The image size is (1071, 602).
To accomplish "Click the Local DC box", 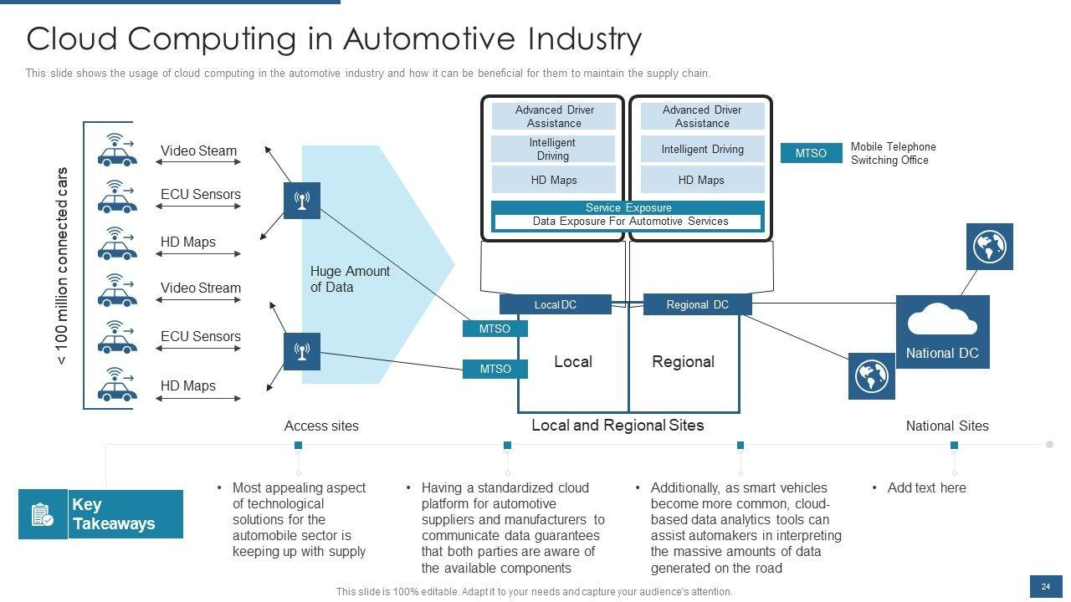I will (556, 305).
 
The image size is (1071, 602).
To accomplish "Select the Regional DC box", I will (697, 305).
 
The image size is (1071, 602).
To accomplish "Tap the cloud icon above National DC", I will (942, 320).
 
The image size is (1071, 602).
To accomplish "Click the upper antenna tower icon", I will (302, 201).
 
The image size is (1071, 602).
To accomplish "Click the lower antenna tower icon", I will (302, 351).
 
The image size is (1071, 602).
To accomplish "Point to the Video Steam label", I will (198, 151).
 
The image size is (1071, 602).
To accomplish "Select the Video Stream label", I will (201, 288).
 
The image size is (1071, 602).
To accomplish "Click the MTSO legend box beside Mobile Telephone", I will (811, 153).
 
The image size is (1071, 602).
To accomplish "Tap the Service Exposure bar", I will (628, 207).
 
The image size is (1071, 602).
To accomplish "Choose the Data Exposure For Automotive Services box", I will (628, 222).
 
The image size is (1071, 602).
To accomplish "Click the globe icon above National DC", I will (990, 247).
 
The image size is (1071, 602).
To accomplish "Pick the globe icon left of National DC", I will (871, 375).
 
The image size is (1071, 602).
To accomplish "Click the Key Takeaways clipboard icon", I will (42, 514).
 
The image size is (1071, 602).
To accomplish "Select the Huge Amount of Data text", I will (350, 279).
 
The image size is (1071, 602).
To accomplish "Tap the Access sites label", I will (321, 426).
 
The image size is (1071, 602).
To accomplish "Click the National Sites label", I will (947, 426).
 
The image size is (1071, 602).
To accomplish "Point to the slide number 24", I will (1045, 587).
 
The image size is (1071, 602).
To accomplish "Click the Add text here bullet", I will (926, 488).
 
